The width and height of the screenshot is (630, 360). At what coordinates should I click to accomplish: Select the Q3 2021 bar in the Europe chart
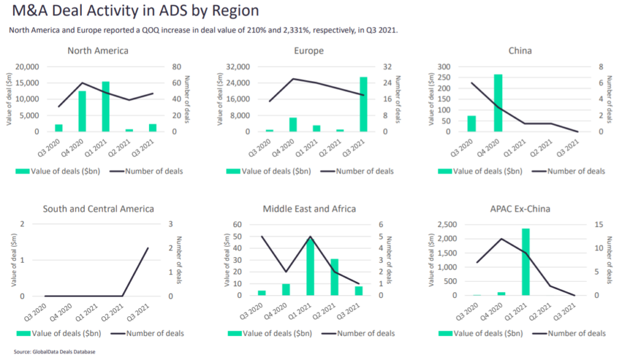[x=364, y=104]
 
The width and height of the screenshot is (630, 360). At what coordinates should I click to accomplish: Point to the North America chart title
[x=98, y=50]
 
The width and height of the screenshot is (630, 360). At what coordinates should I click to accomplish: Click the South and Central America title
[x=98, y=209]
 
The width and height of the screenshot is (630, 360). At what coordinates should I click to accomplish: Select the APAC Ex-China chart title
[x=519, y=209]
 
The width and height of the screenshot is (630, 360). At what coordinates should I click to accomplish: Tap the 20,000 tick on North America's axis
[x=27, y=66]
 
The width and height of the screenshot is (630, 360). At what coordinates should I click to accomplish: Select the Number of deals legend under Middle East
[x=359, y=334]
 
